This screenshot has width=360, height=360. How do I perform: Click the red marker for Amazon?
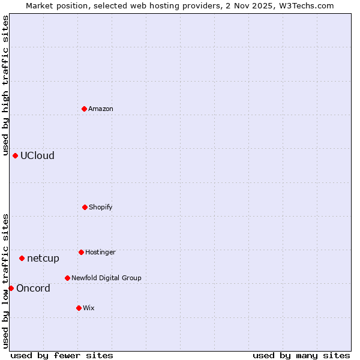pyautogui.click(x=84, y=109)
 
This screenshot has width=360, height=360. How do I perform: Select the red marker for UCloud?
pyautogui.click(x=15, y=155)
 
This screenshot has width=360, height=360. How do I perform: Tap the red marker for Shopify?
pyautogui.click(x=85, y=207)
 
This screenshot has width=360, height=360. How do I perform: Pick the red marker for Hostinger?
pyautogui.click(x=81, y=252)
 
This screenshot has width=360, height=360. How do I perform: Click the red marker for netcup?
pyautogui.click(x=22, y=258)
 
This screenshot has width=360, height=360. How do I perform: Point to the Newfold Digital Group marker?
pyautogui.click(x=67, y=278)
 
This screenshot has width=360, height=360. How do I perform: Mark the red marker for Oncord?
pyautogui.click(x=11, y=288)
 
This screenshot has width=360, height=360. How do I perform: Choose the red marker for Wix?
pyautogui.click(x=79, y=308)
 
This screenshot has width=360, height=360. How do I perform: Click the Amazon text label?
pyautogui.click(x=101, y=109)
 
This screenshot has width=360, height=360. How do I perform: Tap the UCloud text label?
pyautogui.click(x=37, y=155)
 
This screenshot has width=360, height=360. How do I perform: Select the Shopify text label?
pyautogui.click(x=101, y=207)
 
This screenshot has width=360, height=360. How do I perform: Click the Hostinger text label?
pyautogui.click(x=100, y=252)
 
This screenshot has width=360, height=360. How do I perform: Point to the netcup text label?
pyautogui.click(x=43, y=258)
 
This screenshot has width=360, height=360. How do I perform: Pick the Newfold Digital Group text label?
pyautogui.click(x=106, y=278)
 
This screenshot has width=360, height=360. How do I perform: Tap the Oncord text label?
pyautogui.click(x=33, y=288)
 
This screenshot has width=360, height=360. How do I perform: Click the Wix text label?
pyautogui.click(x=89, y=308)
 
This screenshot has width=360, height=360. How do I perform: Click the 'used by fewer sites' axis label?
pyautogui.click(x=62, y=355)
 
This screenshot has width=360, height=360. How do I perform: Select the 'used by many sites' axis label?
pyautogui.click(x=301, y=355)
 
